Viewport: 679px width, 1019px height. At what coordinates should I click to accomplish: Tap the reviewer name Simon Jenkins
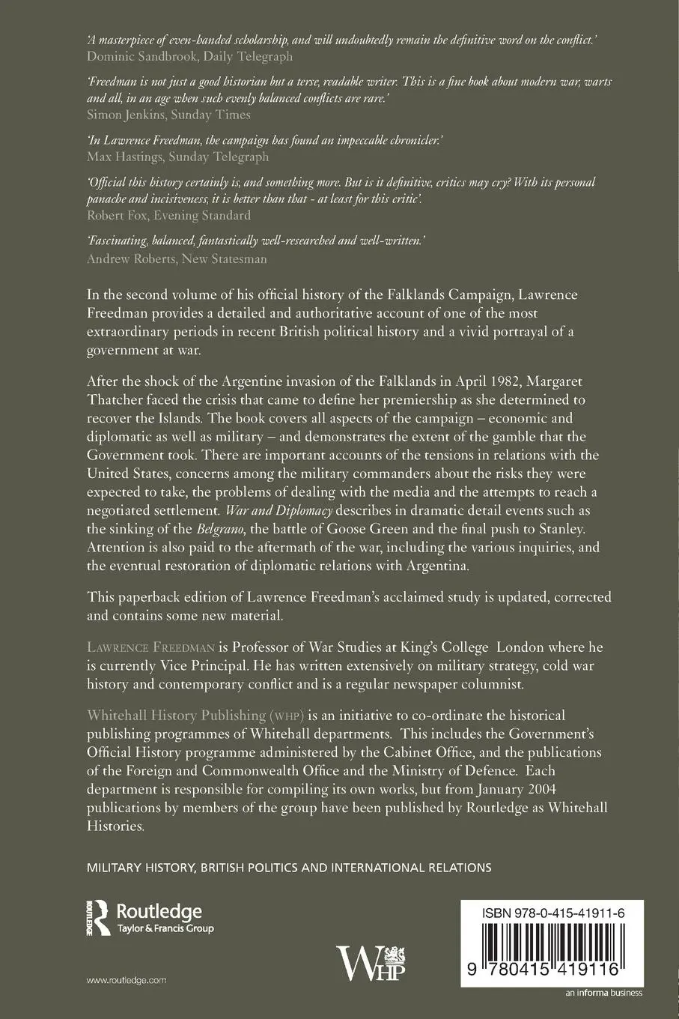[124, 115]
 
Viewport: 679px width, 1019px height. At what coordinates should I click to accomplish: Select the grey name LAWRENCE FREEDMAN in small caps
[152, 647]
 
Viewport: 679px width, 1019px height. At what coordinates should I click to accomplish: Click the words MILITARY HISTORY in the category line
[141, 868]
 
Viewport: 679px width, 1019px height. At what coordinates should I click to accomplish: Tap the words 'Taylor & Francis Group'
[165, 929]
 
